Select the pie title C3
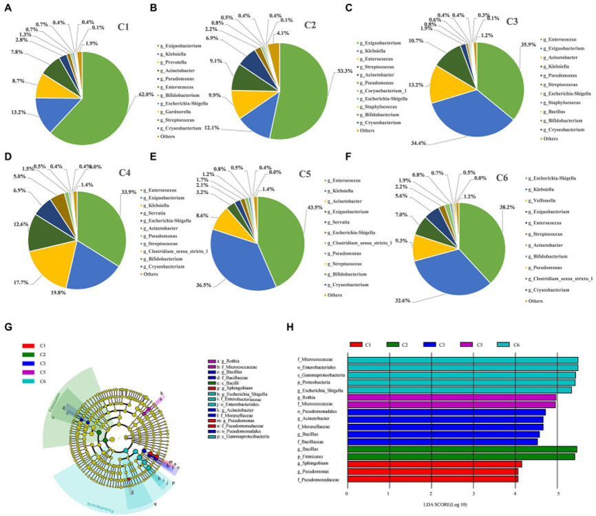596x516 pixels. click(511, 21)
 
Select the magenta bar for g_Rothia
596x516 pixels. click(451, 397)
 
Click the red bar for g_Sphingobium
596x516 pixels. click(434, 463)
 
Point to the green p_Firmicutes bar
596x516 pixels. click(460, 455)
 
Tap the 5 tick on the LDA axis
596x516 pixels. click(557, 493)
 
